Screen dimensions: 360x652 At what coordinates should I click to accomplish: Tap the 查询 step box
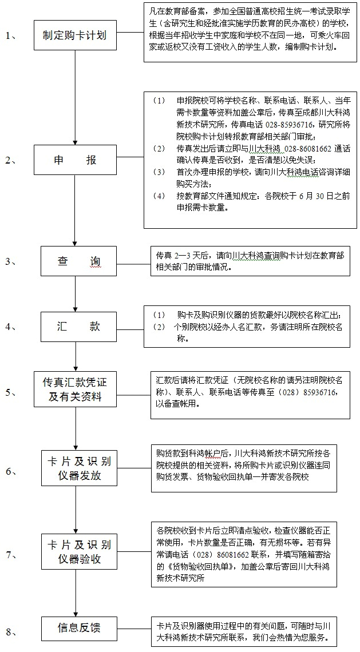[78, 261]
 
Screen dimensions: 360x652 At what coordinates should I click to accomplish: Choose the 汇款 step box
[78, 327]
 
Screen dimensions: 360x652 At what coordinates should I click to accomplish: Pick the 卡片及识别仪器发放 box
[78, 468]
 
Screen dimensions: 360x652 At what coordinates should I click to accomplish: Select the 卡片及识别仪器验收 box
[78, 551]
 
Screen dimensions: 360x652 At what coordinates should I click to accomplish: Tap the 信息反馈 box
[78, 627]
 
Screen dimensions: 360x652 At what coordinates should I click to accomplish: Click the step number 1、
[10, 36]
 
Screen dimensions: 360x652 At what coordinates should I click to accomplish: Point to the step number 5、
[10, 392]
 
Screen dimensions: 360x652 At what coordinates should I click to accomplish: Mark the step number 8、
[10, 633]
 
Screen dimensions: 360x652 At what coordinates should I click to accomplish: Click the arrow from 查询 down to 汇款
[76, 294]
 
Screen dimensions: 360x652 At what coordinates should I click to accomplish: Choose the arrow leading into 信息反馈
[76, 593]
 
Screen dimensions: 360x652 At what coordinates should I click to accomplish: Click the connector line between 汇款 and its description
[130, 327]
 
